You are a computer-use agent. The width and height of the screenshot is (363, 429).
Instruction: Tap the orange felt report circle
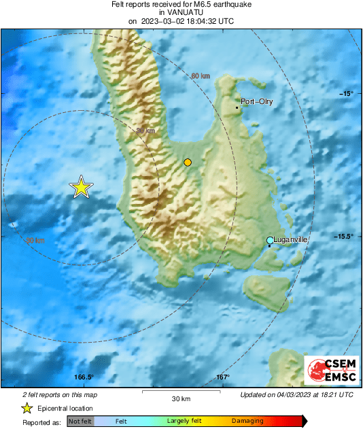coord(188,162)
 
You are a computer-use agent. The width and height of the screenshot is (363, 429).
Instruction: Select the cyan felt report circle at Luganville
coord(270,241)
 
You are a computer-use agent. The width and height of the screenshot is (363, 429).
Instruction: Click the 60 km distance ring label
coord(200,75)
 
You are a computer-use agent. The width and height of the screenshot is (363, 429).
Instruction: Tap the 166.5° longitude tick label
coord(84,377)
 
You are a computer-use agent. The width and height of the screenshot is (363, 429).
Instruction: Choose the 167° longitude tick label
coord(223,377)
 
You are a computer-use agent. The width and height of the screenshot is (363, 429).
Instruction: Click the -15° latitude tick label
coord(347,93)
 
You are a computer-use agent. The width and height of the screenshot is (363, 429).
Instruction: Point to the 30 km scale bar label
coord(180,398)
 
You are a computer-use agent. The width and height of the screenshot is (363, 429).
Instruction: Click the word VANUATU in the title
coord(181,12)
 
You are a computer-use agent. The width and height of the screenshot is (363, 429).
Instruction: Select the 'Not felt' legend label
coord(80,422)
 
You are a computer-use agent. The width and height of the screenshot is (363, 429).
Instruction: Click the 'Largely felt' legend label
coord(183,422)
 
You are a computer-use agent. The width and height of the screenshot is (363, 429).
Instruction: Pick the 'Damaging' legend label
coord(247,422)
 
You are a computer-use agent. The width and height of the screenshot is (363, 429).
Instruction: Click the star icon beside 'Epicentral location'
coord(27,408)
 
